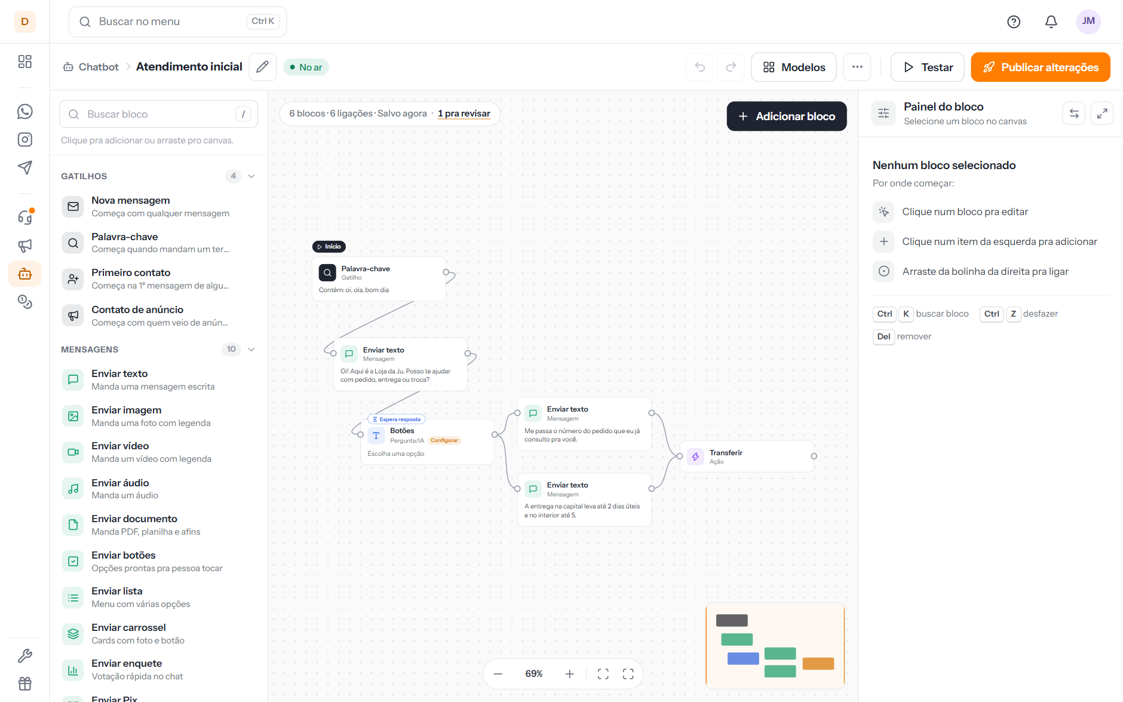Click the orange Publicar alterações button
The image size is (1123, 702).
click(x=1040, y=67)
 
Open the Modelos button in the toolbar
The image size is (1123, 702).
click(x=794, y=67)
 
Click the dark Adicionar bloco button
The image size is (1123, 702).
click(x=786, y=116)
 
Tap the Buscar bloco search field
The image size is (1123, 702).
click(x=158, y=114)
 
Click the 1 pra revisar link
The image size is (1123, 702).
click(x=464, y=114)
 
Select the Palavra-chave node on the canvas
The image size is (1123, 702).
click(x=379, y=279)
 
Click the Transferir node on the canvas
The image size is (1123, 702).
click(x=747, y=456)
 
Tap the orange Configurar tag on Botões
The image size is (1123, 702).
click(x=444, y=440)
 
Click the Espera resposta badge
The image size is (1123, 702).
click(x=397, y=419)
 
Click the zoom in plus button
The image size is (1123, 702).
click(x=570, y=674)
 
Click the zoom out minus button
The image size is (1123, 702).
click(x=498, y=674)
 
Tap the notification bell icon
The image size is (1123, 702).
click(x=1051, y=22)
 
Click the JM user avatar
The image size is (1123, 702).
click(x=1088, y=22)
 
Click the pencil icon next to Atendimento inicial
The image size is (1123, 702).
click(x=262, y=67)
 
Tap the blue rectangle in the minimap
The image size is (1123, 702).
click(x=743, y=658)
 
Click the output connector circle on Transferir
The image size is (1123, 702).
click(x=814, y=456)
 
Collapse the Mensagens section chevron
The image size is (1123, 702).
click(x=251, y=350)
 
